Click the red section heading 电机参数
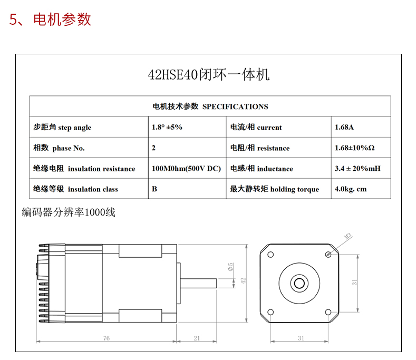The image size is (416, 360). pyautogui.click(x=62, y=20)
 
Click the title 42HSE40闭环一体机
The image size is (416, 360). pyautogui.click(x=209, y=74)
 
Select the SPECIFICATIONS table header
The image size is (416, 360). pyautogui.click(x=210, y=106)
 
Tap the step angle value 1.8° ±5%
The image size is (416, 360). pyautogui.click(x=167, y=127)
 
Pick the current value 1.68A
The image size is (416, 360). pyautogui.click(x=344, y=127)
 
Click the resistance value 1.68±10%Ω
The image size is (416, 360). pyautogui.click(x=355, y=148)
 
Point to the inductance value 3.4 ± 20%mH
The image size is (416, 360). pyautogui.click(x=357, y=169)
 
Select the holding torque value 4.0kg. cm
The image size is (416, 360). pyautogui.click(x=351, y=189)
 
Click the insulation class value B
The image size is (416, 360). pyautogui.click(x=154, y=189)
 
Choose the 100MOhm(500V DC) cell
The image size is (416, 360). pyautogui.click(x=186, y=169)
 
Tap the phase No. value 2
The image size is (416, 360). pyautogui.click(x=153, y=148)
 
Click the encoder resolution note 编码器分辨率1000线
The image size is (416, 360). pyautogui.click(x=69, y=212)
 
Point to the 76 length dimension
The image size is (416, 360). pyautogui.click(x=107, y=338)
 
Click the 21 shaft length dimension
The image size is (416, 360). pyautogui.click(x=197, y=338)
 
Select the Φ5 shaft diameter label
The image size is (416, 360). pyautogui.click(x=230, y=267)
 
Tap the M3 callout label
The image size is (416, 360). pyautogui.click(x=348, y=236)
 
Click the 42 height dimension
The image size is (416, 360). pyautogui.click(x=243, y=280)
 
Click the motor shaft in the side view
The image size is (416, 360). pyautogui.click(x=198, y=284)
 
